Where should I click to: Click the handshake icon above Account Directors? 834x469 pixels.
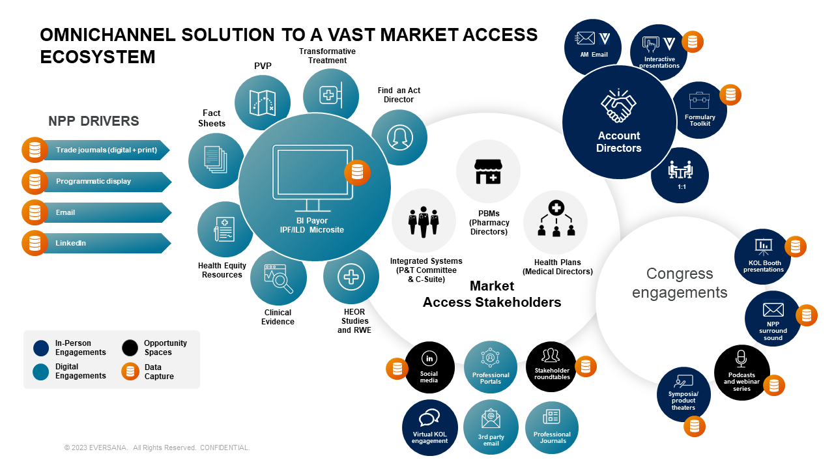pyautogui.click(x=618, y=106)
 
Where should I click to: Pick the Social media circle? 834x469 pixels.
pyautogui.click(x=429, y=367)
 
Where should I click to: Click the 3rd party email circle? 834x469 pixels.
pyautogui.click(x=491, y=427)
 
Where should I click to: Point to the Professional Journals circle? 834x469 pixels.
pyautogui.click(x=551, y=427)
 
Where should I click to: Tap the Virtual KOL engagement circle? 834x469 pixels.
pyautogui.click(x=429, y=427)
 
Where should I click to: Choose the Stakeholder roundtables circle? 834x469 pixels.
pyautogui.click(x=551, y=367)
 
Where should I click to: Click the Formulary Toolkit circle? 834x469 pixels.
pyautogui.click(x=700, y=109)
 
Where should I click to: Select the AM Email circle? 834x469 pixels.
pyautogui.click(x=593, y=46)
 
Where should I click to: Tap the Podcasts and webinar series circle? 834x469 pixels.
pyautogui.click(x=741, y=372)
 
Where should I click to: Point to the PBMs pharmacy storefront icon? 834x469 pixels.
pyautogui.click(x=488, y=171)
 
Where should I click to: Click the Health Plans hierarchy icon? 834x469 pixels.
pyautogui.click(x=556, y=220)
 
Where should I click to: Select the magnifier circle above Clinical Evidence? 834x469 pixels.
pyautogui.click(x=279, y=277)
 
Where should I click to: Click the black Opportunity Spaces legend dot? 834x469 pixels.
pyautogui.click(x=131, y=348)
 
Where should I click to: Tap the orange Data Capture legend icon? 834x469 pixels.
pyautogui.click(x=131, y=372)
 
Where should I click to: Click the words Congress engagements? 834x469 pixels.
pyautogui.click(x=680, y=283)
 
